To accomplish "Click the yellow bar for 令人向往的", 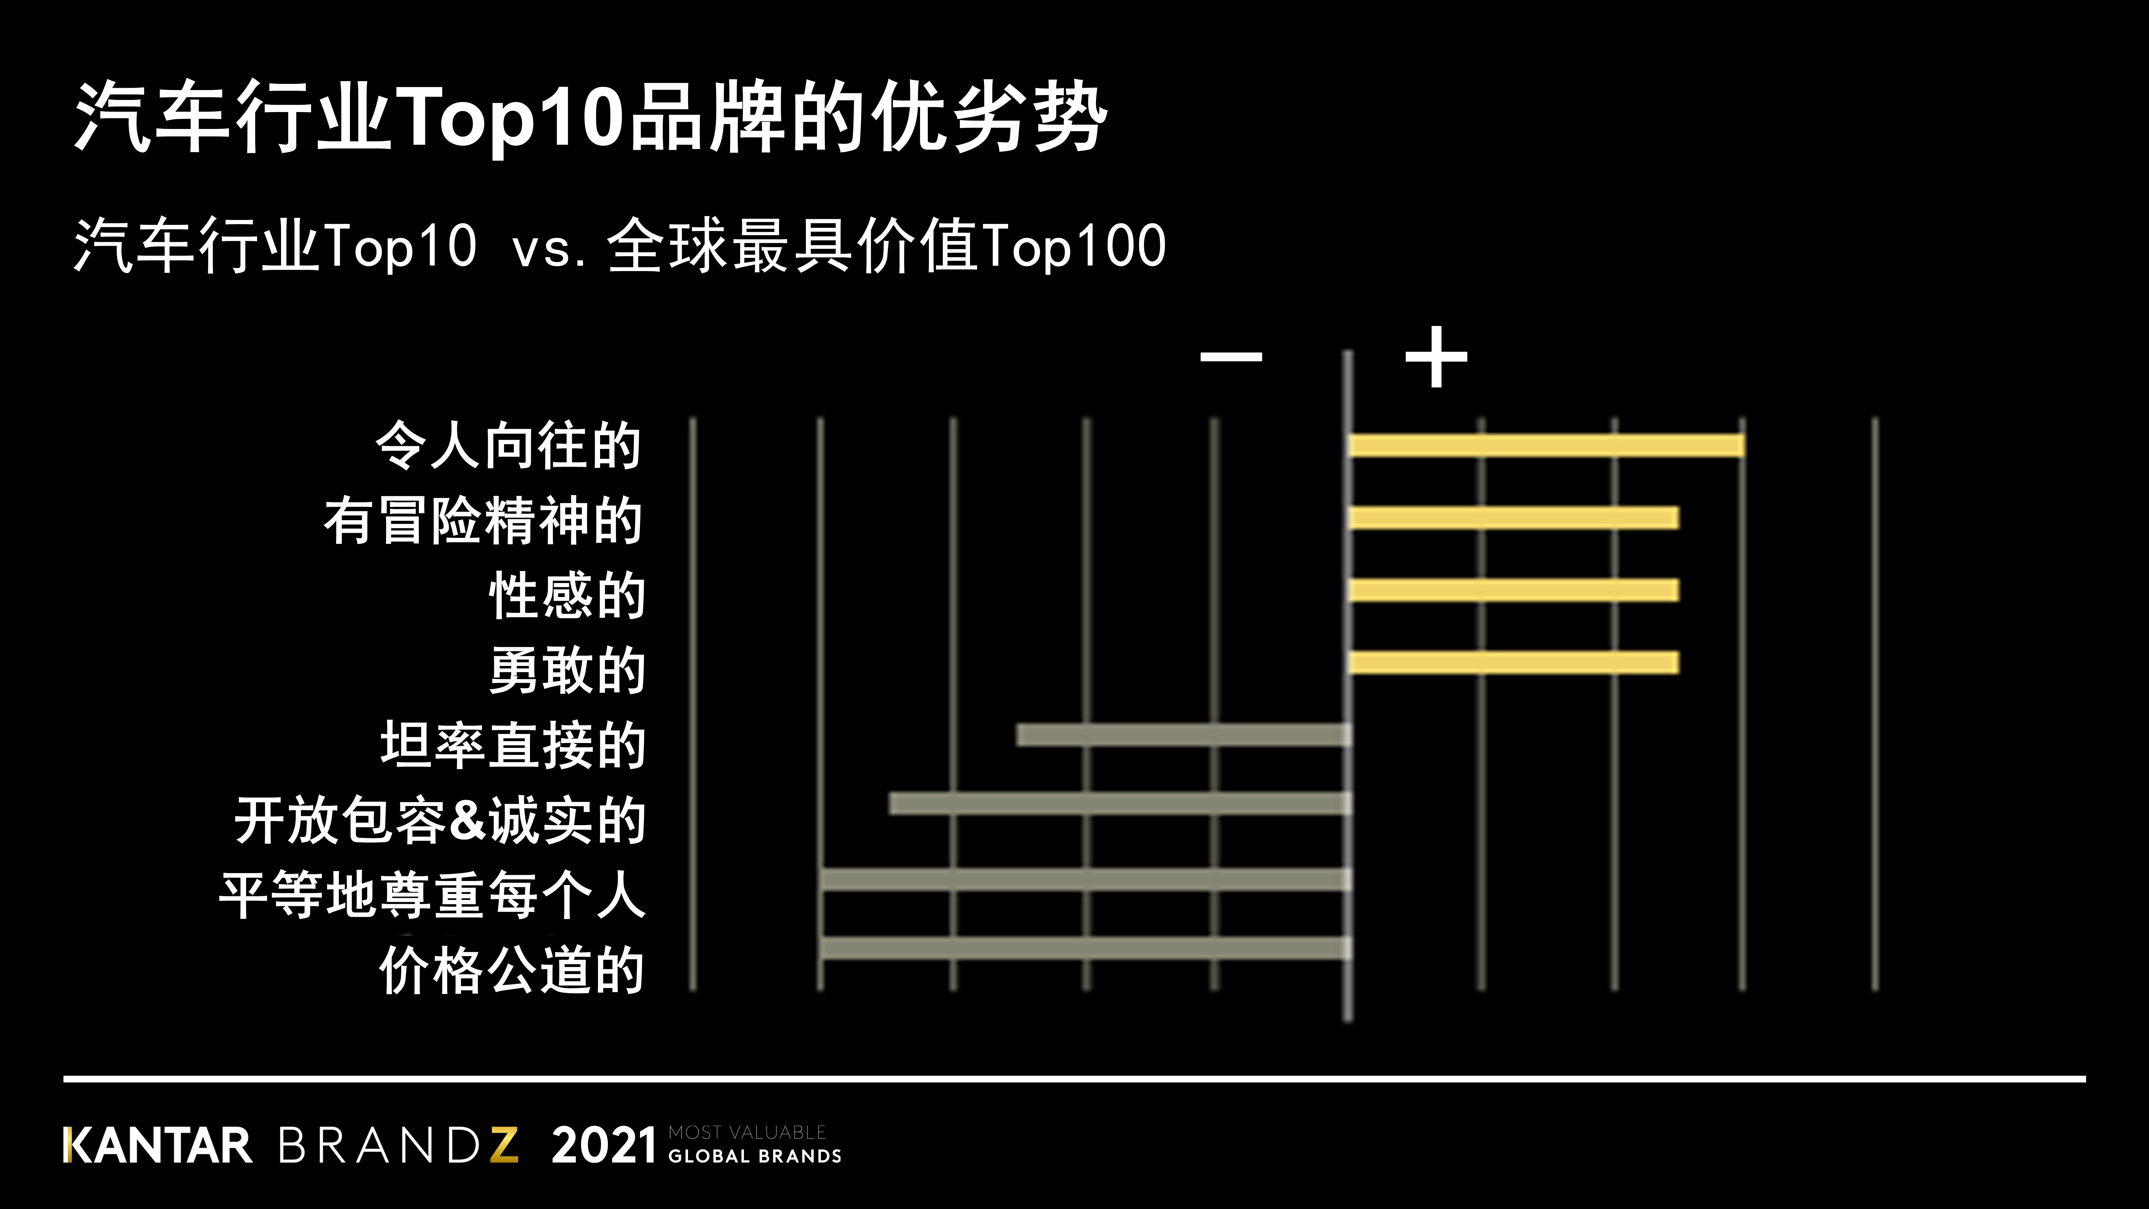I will [1546, 445].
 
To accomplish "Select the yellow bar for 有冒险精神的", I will [1514, 518].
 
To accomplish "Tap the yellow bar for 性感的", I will [1514, 591].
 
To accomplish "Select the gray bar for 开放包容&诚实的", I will [1120, 804].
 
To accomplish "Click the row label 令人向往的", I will [508, 445].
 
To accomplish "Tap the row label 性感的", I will [567, 596].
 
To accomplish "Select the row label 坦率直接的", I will [513, 745].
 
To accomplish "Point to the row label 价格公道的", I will [511, 970].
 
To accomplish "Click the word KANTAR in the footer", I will [158, 1146].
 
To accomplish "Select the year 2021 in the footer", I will [603, 1146].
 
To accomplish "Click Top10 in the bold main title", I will [511, 117].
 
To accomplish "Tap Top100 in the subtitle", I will [1074, 246].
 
